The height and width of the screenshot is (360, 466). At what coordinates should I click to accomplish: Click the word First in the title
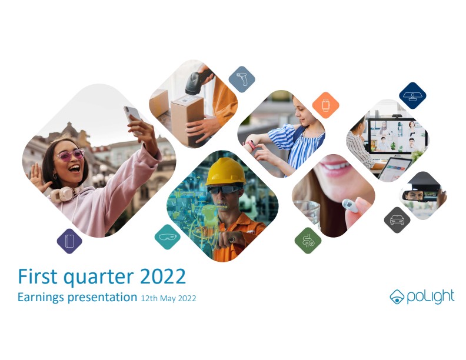38,276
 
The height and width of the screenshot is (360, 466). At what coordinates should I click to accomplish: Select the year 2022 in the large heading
162,276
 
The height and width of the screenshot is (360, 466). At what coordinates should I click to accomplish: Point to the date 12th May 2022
168,298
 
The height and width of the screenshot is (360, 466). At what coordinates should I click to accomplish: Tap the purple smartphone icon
69,241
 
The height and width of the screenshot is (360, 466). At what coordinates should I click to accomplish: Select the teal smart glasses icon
167,237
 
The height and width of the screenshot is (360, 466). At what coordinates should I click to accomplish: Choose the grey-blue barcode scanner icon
242,79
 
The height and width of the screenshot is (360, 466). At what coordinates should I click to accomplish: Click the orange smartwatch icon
325,105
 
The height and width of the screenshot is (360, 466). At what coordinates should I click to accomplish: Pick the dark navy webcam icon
412,96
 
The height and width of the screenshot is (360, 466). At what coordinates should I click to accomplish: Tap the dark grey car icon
397,220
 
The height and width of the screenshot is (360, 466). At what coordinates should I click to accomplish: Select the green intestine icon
308,241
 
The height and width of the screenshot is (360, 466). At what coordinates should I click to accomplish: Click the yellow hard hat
225,172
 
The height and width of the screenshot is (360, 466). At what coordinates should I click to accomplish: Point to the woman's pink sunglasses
71,155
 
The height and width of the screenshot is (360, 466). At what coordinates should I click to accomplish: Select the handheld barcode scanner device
198,79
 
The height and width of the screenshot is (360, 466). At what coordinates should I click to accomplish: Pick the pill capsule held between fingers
351,205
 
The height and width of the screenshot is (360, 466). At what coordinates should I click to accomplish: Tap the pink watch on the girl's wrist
251,144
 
